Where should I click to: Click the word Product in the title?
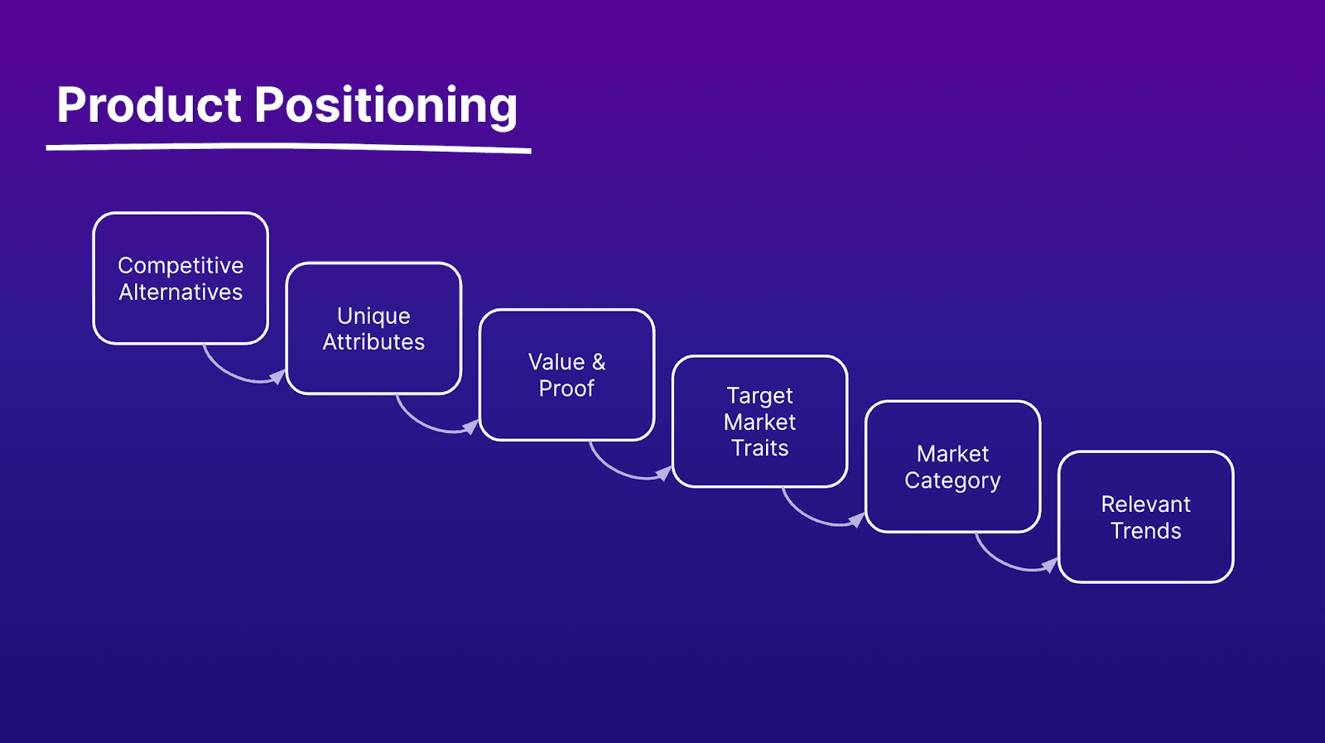click(149, 104)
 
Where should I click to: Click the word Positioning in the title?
click(386, 107)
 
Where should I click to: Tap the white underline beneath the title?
click(289, 148)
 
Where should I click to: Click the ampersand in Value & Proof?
click(599, 362)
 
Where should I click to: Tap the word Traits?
click(760, 448)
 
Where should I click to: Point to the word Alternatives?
click(181, 292)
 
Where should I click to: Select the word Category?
click(953, 481)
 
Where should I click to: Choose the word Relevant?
click(1146, 504)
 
